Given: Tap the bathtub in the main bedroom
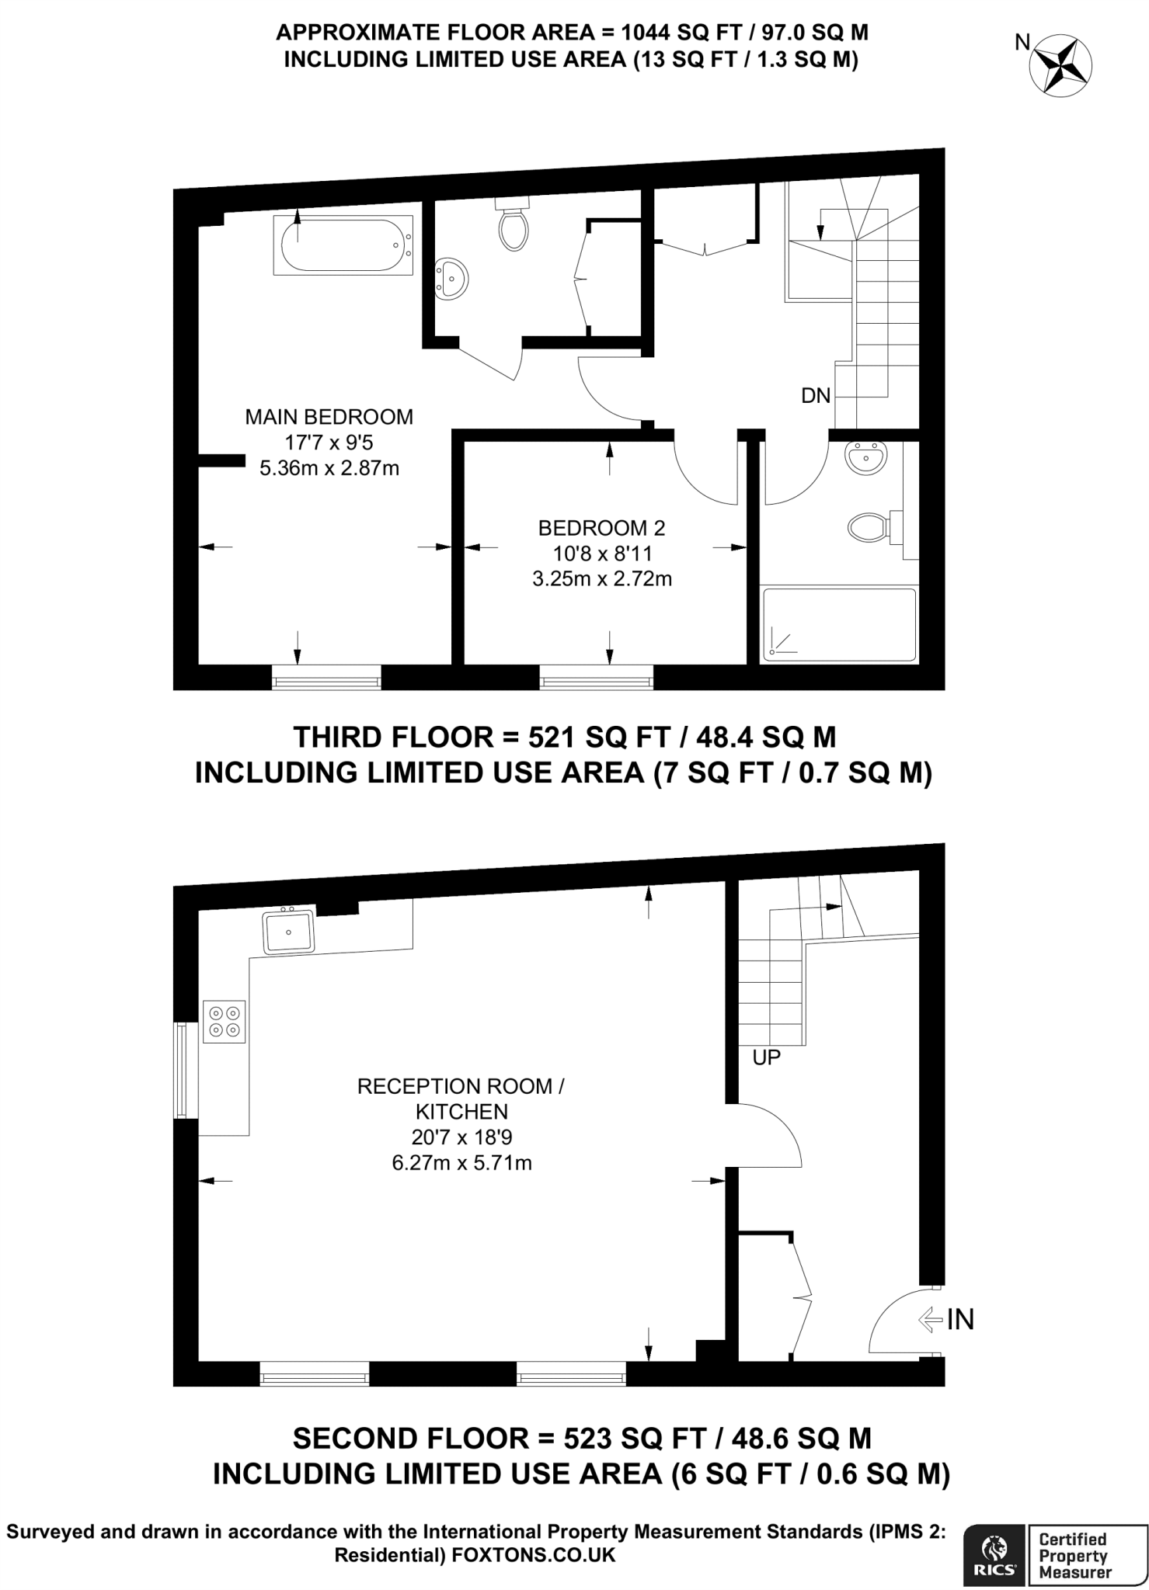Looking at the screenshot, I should [343, 246].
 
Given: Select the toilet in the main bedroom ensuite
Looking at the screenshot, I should [513, 225].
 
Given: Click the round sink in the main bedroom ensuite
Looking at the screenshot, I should [451, 279].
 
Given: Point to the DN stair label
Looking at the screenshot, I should [816, 396].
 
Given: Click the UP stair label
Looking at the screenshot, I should [766, 1057].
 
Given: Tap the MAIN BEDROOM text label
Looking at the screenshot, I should [329, 417].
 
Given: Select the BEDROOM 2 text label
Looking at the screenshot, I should [601, 528].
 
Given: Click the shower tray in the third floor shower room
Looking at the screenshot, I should [839, 625].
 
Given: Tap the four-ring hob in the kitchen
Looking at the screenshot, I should [224, 1022].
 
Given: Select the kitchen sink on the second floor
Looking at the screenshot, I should [288, 932].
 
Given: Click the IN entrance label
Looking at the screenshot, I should [960, 1320].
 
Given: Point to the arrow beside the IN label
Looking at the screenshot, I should [929, 1320].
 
